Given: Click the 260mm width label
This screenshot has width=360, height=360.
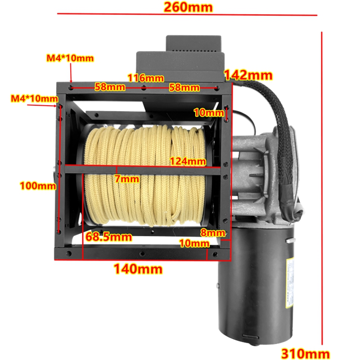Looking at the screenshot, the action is tap(188, 7).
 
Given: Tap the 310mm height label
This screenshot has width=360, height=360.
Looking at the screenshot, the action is tap(306, 354).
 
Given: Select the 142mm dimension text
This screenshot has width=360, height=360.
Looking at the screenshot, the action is tap(248, 75).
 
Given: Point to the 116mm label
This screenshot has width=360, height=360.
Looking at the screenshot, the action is tap(146, 78).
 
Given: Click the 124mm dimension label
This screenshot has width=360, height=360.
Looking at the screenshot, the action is tap(188, 161).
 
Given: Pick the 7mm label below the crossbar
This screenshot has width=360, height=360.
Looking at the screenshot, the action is tap(127, 179).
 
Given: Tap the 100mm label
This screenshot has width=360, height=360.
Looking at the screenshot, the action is tap(38, 185).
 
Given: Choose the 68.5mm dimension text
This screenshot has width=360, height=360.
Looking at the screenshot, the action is tap(108, 237).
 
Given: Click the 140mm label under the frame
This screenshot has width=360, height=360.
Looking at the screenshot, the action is tap(138, 269).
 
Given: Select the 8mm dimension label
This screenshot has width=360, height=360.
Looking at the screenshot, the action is tap(213, 233).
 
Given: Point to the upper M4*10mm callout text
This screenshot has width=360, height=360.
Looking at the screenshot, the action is tap(70, 58).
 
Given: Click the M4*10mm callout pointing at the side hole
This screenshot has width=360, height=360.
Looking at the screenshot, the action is tap(35, 99).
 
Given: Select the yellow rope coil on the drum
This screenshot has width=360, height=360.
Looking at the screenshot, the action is tap(145, 175).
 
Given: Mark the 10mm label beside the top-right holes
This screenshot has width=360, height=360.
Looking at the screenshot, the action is tap(209, 112).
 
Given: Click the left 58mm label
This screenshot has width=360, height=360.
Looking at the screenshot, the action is tap(110, 87).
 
